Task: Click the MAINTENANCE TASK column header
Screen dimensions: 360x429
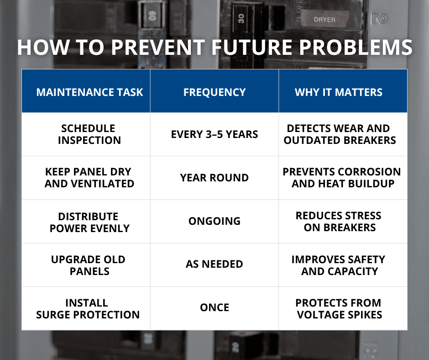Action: point(89,92)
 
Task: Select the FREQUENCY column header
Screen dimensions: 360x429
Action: point(214,92)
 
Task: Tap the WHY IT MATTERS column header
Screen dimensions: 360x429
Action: point(339,92)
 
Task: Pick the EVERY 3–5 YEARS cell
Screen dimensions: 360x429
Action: point(214,134)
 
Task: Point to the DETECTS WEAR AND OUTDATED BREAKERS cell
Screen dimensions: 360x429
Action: point(340,134)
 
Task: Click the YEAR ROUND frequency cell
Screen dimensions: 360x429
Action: point(214,178)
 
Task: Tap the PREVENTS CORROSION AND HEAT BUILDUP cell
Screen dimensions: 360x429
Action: point(341,178)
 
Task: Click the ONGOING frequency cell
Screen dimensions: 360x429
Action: point(214,221)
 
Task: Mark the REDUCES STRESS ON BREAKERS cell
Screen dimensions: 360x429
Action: point(339,221)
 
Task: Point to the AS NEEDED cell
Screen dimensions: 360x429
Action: point(214,264)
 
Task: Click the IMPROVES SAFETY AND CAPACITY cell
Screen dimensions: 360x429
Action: point(339,265)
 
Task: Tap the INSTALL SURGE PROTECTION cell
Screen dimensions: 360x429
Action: point(88,308)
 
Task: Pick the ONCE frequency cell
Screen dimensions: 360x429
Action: point(214,307)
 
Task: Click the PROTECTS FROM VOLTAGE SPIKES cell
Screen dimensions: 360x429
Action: point(339,308)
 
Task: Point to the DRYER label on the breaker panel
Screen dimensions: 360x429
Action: point(324,20)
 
